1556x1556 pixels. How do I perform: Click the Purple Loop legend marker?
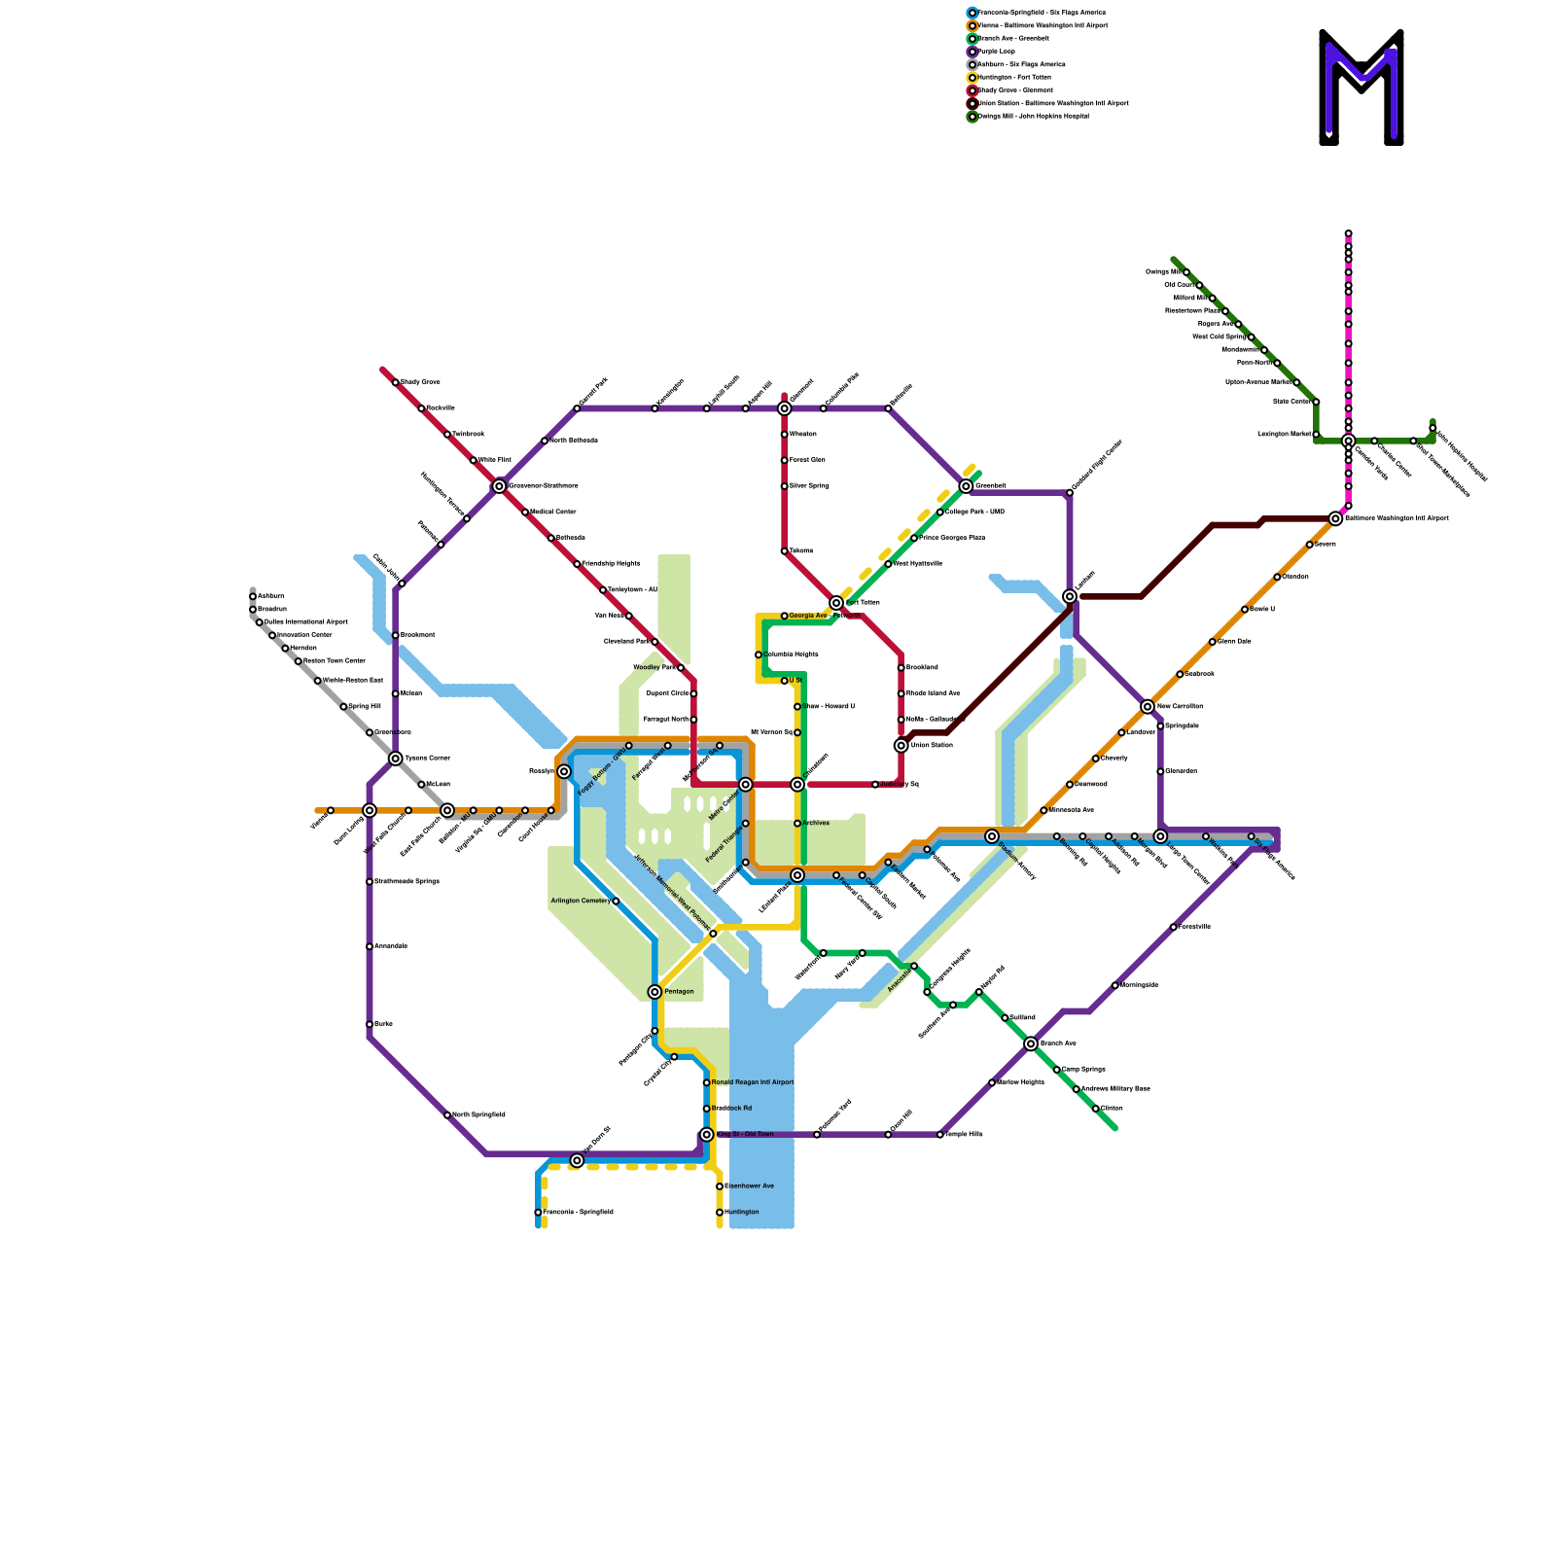point(972,52)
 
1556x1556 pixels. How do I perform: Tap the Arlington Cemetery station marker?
point(616,902)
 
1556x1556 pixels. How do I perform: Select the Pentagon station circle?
point(654,992)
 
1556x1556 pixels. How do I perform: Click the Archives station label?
point(816,824)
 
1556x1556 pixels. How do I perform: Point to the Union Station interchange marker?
point(902,746)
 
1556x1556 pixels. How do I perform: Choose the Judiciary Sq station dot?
point(875,785)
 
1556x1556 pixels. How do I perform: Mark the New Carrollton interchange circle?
point(1148,707)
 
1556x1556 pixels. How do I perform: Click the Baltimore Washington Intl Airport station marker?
point(1335,519)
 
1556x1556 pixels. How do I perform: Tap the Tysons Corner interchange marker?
point(396,759)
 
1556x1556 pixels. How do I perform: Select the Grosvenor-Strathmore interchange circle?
point(499,486)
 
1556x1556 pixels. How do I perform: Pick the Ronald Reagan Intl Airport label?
point(753,1082)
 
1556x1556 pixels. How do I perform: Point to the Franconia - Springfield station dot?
point(538,1213)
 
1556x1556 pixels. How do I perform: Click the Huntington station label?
point(742,1213)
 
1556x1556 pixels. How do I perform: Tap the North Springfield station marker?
point(447,1115)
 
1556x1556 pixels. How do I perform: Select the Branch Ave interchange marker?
point(1031,1044)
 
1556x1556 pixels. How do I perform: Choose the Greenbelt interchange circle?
point(966,486)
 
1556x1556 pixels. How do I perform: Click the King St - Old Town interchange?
point(707,1135)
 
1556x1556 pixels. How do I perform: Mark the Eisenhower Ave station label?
point(750,1186)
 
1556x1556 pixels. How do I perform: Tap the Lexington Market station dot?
point(1316,435)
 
